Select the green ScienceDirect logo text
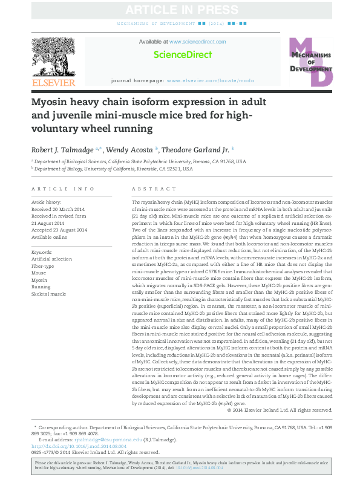tap(183, 54)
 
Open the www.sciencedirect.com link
tap(197, 42)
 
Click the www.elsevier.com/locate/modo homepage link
tap(210, 80)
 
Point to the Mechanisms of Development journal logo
tap(310, 61)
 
